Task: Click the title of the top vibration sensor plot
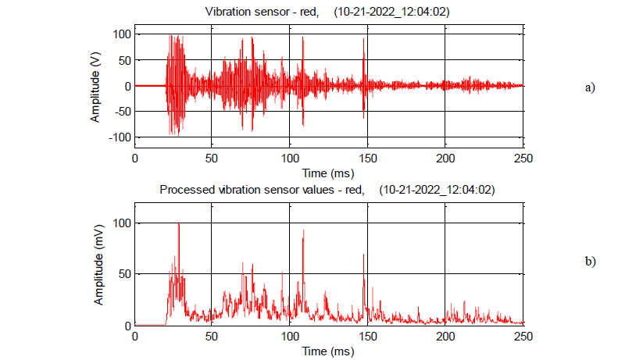tap(327, 12)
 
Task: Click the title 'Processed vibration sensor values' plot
tap(327, 190)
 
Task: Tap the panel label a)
tap(590, 87)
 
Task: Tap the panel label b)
tap(590, 261)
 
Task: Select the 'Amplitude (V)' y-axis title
tap(95, 87)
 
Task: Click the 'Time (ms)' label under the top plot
tap(329, 172)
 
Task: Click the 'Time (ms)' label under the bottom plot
tap(329, 351)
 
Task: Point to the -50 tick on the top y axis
tap(120, 112)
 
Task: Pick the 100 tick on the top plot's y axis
tap(120, 35)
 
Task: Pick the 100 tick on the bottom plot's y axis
tap(120, 223)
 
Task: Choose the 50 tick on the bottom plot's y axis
tap(123, 274)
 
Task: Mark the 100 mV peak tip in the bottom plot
tap(179, 223)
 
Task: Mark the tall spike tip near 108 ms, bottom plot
tap(302, 230)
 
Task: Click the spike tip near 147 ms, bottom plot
tap(363, 255)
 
